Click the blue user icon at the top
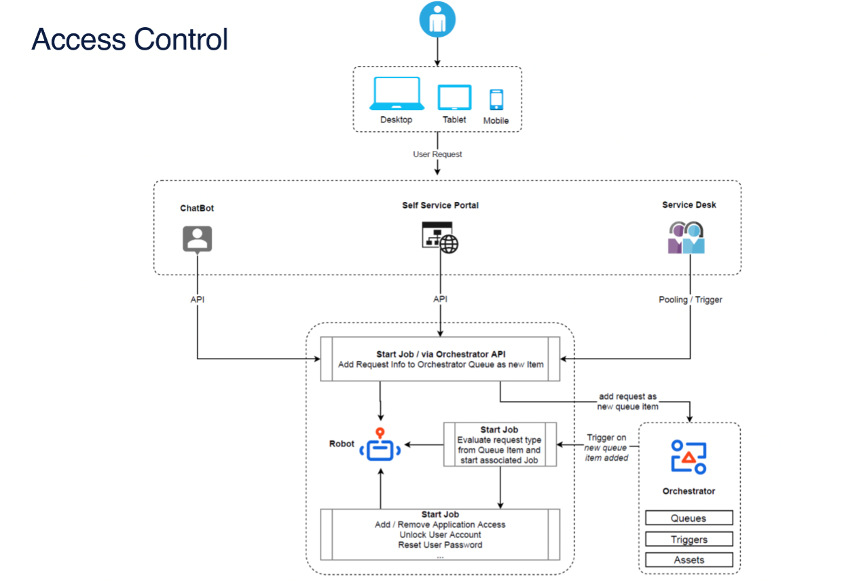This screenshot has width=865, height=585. [437, 19]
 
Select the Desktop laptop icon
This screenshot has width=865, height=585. [397, 94]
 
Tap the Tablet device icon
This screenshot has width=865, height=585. [454, 98]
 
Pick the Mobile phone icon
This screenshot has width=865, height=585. [496, 100]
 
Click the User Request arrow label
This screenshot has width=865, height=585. [437, 154]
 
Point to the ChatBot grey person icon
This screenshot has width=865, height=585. [198, 239]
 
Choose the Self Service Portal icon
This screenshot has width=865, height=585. [440, 237]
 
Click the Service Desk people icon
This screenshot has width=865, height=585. [686, 237]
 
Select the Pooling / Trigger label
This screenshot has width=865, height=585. [691, 300]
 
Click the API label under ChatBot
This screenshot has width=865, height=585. [198, 300]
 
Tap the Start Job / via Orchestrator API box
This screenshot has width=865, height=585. [440, 359]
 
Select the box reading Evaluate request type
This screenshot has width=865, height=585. [500, 445]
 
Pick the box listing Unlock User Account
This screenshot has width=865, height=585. [440, 535]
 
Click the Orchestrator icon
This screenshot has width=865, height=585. [688, 457]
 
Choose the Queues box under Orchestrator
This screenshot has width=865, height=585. [688, 518]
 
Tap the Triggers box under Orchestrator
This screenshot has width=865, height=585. [688, 539]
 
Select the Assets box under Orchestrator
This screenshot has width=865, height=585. [688, 560]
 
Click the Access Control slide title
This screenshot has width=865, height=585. [130, 39]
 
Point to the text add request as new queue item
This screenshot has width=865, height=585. [627, 402]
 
